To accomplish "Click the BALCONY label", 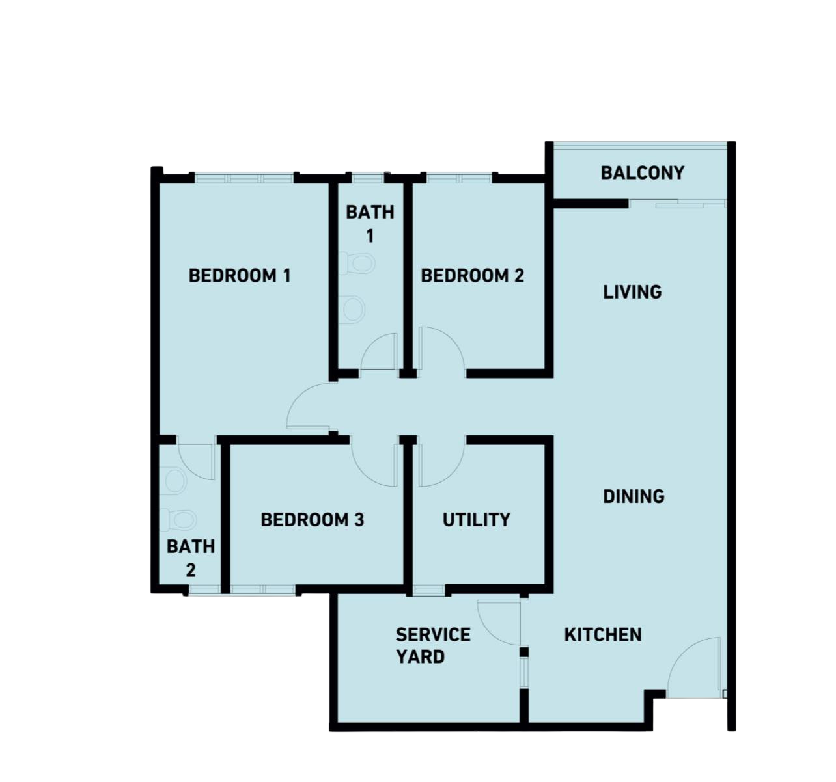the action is [643, 173].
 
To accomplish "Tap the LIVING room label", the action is [632, 292].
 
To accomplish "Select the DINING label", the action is [634, 496].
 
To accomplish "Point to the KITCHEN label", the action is [603, 635].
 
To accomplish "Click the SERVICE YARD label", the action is [433, 646].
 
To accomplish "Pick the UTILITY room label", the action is [476, 520].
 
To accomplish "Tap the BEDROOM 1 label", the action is [240, 276].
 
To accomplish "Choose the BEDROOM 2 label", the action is [472, 276].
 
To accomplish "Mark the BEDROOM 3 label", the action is [313, 520].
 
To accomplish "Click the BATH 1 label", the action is [370, 224].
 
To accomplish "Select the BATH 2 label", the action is [191, 558].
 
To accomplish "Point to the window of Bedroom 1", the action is [244, 178].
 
